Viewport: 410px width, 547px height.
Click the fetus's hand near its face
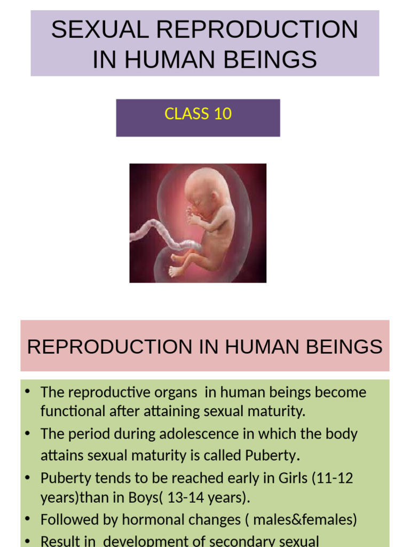point(193,216)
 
